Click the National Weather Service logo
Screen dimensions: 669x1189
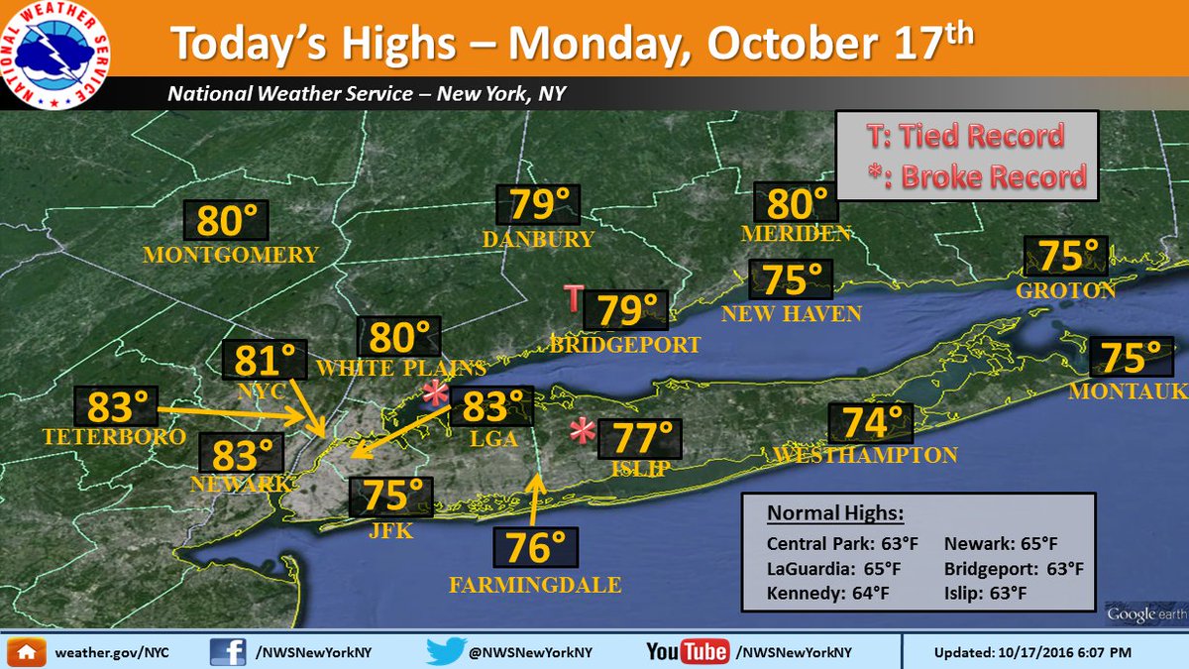point(55,56)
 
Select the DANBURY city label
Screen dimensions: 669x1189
point(538,239)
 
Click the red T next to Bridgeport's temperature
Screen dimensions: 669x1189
point(574,297)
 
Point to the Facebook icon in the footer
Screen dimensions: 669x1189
point(228,651)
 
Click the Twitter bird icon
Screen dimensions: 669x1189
point(444,651)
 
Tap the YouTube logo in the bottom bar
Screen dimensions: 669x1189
point(687,651)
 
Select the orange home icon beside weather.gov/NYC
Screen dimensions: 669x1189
point(26,652)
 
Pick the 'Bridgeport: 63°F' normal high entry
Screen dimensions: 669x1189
point(1014,569)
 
